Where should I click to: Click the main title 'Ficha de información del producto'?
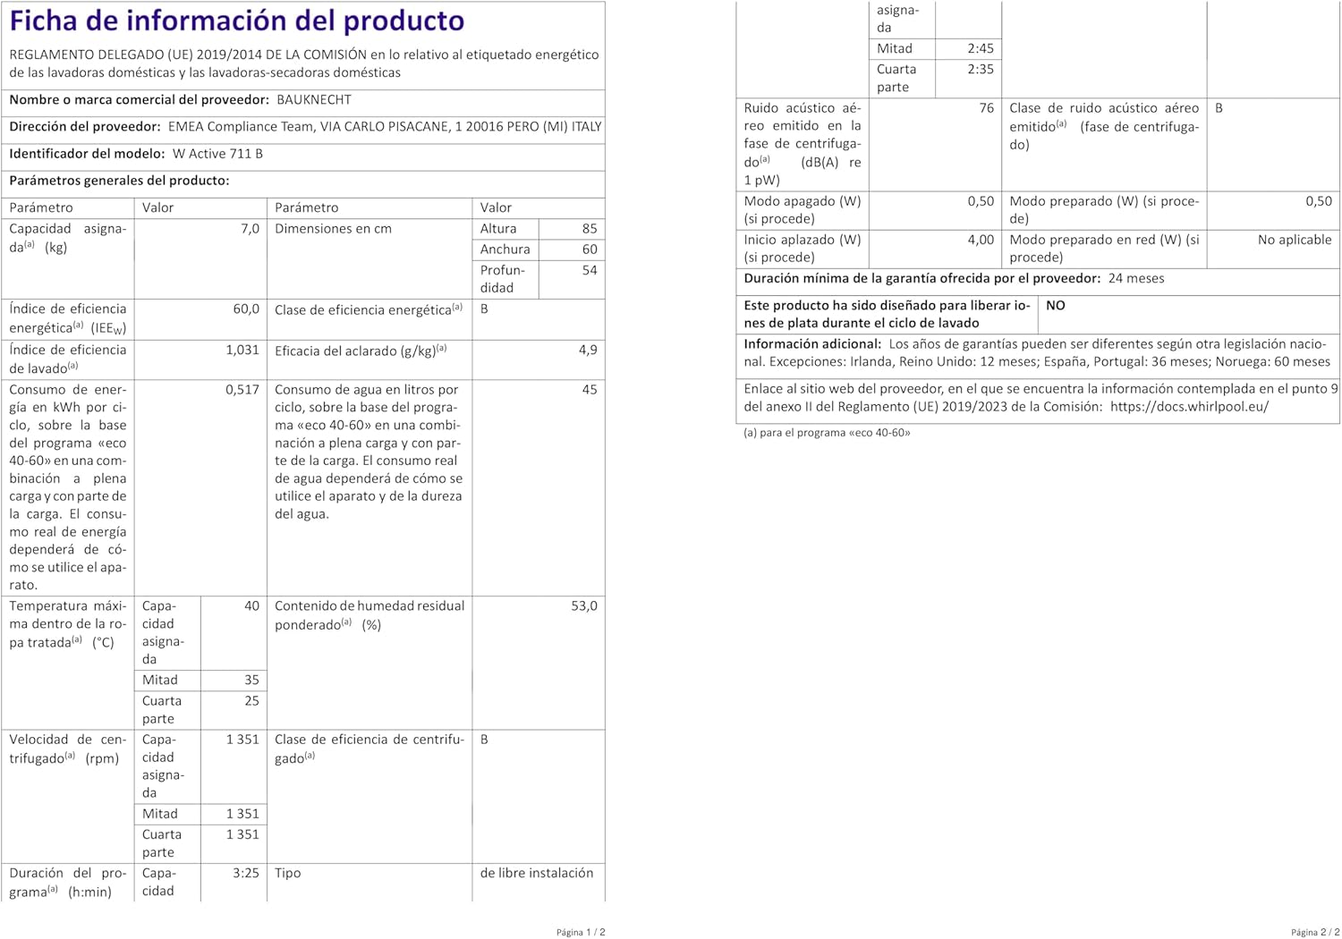[x=237, y=21]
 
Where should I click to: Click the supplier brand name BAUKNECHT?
[x=314, y=100]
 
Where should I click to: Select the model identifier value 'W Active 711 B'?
[x=217, y=154]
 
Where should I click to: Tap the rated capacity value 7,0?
[x=250, y=229]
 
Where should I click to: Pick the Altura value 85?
[x=589, y=229]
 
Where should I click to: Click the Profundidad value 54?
[x=589, y=270]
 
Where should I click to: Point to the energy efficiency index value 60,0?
[x=246, y=309]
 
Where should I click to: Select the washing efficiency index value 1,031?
[x=242, y=351]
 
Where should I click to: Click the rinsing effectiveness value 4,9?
[x=588, y=351]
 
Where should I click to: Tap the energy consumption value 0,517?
[x=242, y=390]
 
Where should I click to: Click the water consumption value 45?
[x=589, y=390]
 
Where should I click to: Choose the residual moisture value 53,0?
[x=584, y=606]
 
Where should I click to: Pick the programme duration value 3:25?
[x=246, y=874]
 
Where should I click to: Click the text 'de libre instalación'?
[x=537, y=874]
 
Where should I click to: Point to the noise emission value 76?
[x=986, y=108]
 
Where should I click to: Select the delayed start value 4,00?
[x=981, y=240]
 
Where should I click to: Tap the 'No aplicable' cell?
[x=1295, y=240]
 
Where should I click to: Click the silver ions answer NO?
[x=1056, y=306]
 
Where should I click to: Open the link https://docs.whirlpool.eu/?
[x=1189, y=407]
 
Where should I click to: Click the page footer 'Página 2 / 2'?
[x=1315, y=932]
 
